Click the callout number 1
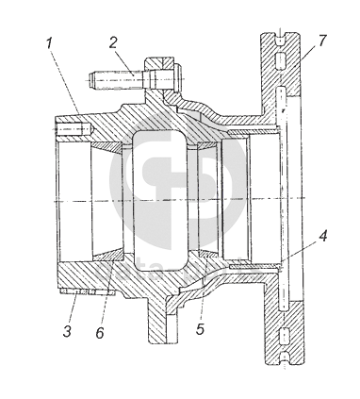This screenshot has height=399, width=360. pos(49,43)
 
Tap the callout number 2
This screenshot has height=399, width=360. pos(113,42)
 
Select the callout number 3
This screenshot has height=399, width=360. pos(67,331)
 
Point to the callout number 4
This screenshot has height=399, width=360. pos(322,236)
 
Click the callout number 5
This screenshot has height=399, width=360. pos(200,329)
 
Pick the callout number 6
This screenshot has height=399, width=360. pos(100,332)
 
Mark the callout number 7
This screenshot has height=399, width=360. pos(322,40)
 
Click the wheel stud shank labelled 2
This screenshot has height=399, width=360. pos(116,80)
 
